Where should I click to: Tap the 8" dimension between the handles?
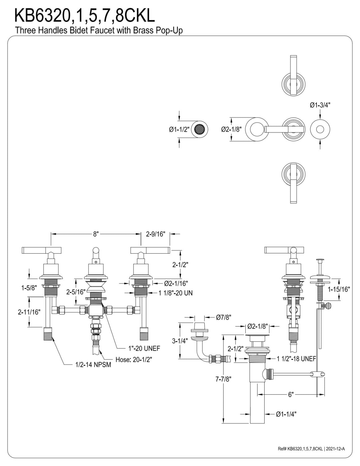[96, 234]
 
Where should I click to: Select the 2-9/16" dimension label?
[155, 234]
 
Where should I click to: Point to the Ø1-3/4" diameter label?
[320, 105]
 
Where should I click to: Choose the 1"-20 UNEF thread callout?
[144, 349]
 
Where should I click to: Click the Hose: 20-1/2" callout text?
[134, 360]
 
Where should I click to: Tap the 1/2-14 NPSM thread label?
[93, 364]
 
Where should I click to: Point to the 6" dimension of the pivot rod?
[291, 394]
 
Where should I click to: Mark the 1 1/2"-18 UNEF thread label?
[296, 358]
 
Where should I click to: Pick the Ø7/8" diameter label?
[224, 317]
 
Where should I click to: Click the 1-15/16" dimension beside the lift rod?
[339, 289]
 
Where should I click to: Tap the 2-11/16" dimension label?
[29, 312]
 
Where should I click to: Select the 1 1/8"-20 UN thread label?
[175, 293]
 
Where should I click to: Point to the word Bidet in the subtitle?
[79, 30]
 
